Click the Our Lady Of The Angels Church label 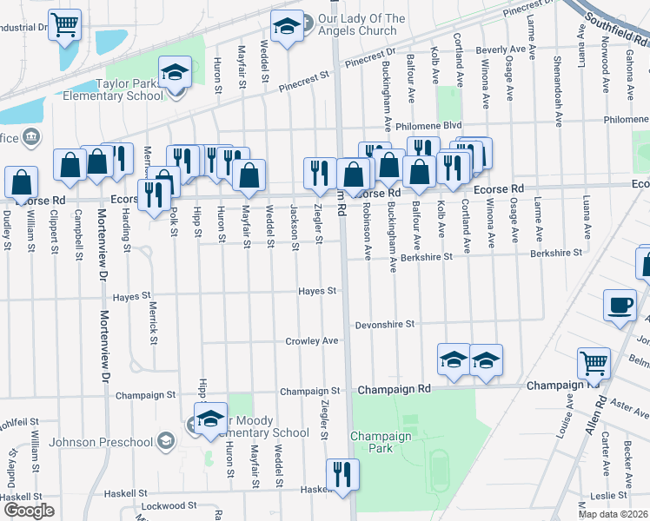point(361,25)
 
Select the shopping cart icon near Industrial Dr point(64,25)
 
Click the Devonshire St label point(385,325)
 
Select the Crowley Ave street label point(312,341)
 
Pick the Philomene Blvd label point(428,126)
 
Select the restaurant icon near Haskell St point(342,475)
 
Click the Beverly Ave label point(501,50)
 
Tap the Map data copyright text point(614,514)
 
